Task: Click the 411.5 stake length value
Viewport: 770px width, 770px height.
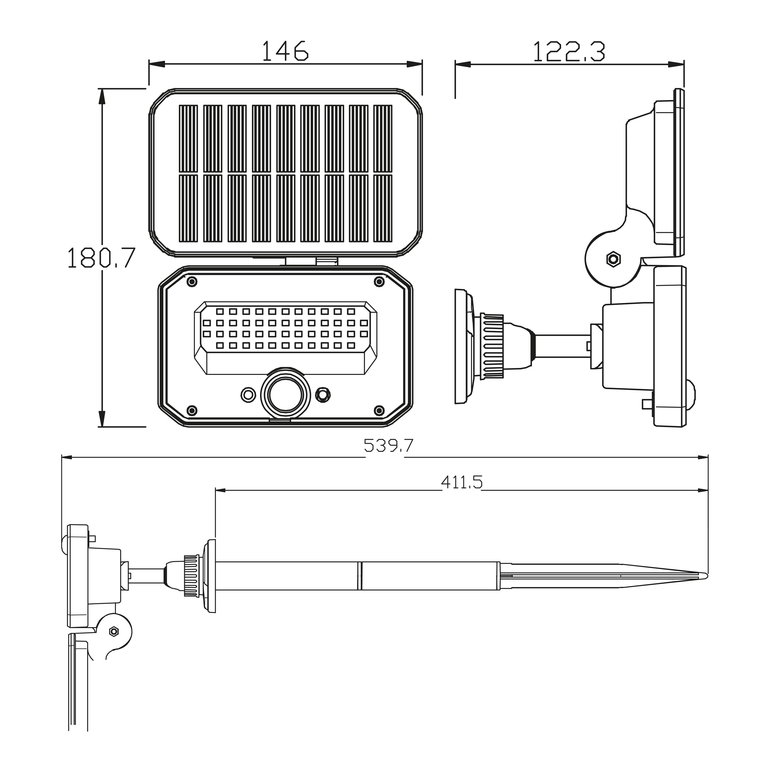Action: pos(462,483)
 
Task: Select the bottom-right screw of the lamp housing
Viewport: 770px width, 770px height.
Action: pos(379,410)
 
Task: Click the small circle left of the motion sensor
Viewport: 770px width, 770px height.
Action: pos(248,395)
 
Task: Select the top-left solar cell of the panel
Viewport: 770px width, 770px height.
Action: pos(188,139)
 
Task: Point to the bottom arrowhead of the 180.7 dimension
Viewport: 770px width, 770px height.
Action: pos(102,419)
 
